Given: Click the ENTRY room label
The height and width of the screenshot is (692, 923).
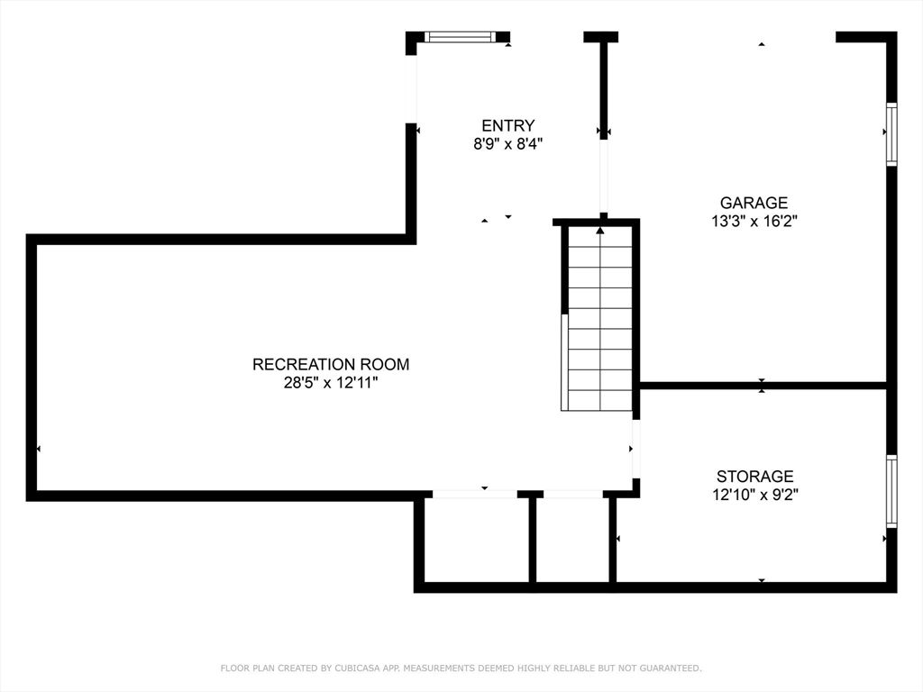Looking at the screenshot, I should [x=507, y=126].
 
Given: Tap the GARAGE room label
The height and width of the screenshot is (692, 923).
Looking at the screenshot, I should [x=754, y=204].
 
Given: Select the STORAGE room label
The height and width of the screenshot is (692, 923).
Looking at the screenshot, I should [x=755, y=477].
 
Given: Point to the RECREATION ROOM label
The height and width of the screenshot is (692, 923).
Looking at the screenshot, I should [x=331, y=365].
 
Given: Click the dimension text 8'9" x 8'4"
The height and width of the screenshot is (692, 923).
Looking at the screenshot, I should [x=507, y=143].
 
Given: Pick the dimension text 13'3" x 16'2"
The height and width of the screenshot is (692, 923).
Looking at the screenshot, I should [x=754, y=221].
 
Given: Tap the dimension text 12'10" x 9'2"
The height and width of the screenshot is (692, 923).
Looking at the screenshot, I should [x=755, y=494].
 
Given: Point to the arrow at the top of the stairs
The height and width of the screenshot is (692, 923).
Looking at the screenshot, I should [x=600, y=231].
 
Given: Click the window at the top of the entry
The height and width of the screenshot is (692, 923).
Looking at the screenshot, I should [x=460, y=37].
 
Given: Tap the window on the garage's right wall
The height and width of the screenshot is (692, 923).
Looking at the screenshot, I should [x=891, y=134].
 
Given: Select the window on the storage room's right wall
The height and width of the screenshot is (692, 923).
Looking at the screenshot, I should [x=891, y=490].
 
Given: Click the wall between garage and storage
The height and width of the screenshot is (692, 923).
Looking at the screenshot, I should [x=763, y=386].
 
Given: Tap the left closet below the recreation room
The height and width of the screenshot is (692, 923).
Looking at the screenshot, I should [x=476, y=540].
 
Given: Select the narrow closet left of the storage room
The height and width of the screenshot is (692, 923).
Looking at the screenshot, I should [x=573, y=540].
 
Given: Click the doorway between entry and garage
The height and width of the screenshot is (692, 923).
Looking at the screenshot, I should [x=604, y=176].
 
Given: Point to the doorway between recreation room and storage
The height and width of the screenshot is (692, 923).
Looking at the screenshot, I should [x=635, y=449].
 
